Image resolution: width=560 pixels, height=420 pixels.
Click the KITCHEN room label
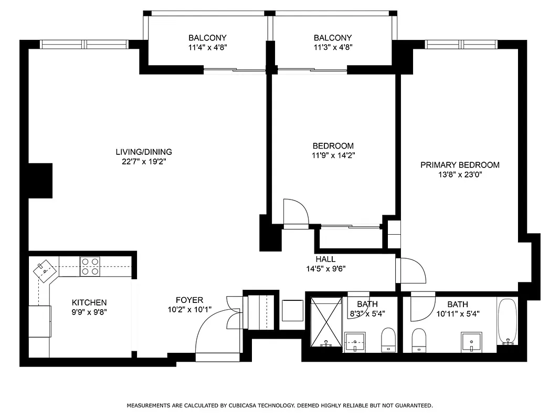[x=89, y=302]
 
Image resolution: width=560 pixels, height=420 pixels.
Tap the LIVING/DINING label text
[x=144, y=152]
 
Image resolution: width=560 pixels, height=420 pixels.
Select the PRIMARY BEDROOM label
[x=460, y=165]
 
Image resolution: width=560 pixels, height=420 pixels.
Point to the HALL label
[x=325, y=259]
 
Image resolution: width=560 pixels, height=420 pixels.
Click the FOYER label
[x=189, y=300]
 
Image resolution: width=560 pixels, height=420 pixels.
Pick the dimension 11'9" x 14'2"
[x=333, y=155]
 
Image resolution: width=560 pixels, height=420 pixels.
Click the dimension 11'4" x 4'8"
[x=207, y=47]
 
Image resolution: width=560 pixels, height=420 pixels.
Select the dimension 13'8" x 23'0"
[x=460, y=175]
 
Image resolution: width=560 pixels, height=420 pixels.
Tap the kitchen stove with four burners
[x=90, y=266]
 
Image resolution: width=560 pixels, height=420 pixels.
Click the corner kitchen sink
[x=44, y=270]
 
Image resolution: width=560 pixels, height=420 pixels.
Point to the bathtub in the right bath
[x=507, y=321]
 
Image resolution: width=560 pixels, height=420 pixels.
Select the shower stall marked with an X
[x=325, y=321]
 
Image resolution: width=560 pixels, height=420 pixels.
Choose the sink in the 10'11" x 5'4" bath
[x=471, y=341]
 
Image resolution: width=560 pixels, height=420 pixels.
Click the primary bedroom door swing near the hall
[x=411, y=270]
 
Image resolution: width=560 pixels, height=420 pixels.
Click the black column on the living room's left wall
[x=40, y=181]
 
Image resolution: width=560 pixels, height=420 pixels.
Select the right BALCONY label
[x=333, y=38]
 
